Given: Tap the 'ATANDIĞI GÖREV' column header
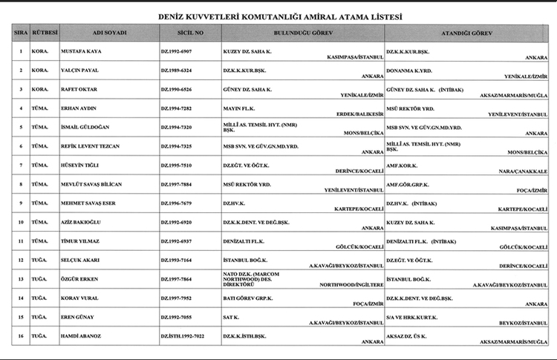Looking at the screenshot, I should pos(466,34).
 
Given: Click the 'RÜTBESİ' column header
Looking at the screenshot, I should pos(43,34).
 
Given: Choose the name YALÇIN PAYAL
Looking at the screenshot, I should pos(82,71).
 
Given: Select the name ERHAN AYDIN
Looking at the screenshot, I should pos(80,108).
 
